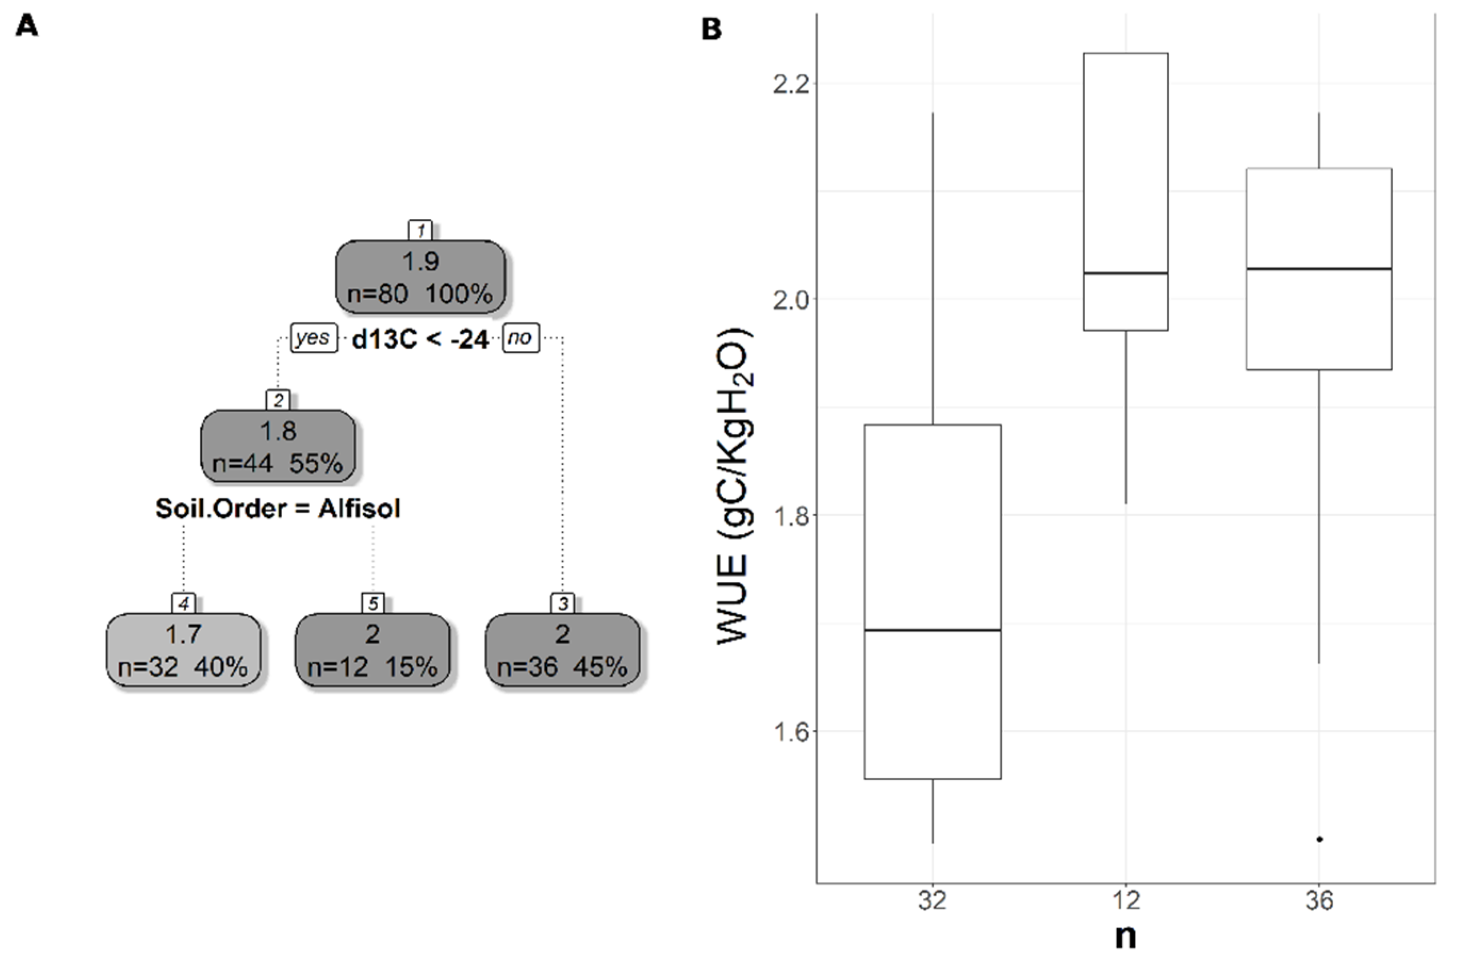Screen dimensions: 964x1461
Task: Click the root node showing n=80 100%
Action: pos(421,277)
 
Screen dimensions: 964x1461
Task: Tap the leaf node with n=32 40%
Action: pos(183,649)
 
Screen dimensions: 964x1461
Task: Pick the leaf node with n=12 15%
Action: pos(373,649)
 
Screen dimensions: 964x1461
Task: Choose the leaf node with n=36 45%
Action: pos(562,649)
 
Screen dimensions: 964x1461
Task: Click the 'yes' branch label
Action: pos(314,338)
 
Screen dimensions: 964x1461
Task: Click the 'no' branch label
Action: pos(520,338)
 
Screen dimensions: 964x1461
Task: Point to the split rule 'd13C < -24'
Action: pos(421,340)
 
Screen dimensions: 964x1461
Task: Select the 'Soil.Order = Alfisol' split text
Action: pos(278,508)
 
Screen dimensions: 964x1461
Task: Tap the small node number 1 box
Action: pos(421,230)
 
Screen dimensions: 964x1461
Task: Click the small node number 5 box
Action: pos(373,604)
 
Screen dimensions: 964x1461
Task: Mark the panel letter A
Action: pos(27,27)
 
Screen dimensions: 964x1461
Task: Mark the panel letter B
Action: pos(711,29)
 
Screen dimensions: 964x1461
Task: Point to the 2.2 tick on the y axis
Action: pos(791,84)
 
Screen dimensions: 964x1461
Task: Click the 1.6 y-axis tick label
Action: pos(791,731)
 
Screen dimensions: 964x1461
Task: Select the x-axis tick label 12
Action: pos(1126,901)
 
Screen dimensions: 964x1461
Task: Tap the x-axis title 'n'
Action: pos(1126,937)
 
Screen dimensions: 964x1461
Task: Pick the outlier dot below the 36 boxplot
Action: pos(1319,839)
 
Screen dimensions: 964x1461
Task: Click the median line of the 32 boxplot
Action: pos(932,630)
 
